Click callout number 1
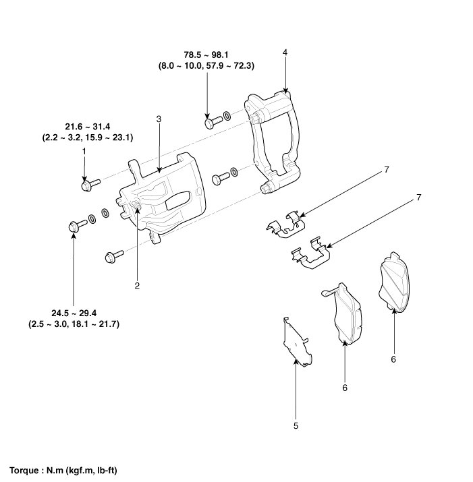[x=84, y=152]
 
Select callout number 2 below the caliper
[x=137, y=286]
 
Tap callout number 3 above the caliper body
[x=159, y=119]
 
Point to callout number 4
[x=285, y=52]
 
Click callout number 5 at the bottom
[x=296, y=425]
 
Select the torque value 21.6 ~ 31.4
[x=89, y=127]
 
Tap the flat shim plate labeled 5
[x=296, y=343]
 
